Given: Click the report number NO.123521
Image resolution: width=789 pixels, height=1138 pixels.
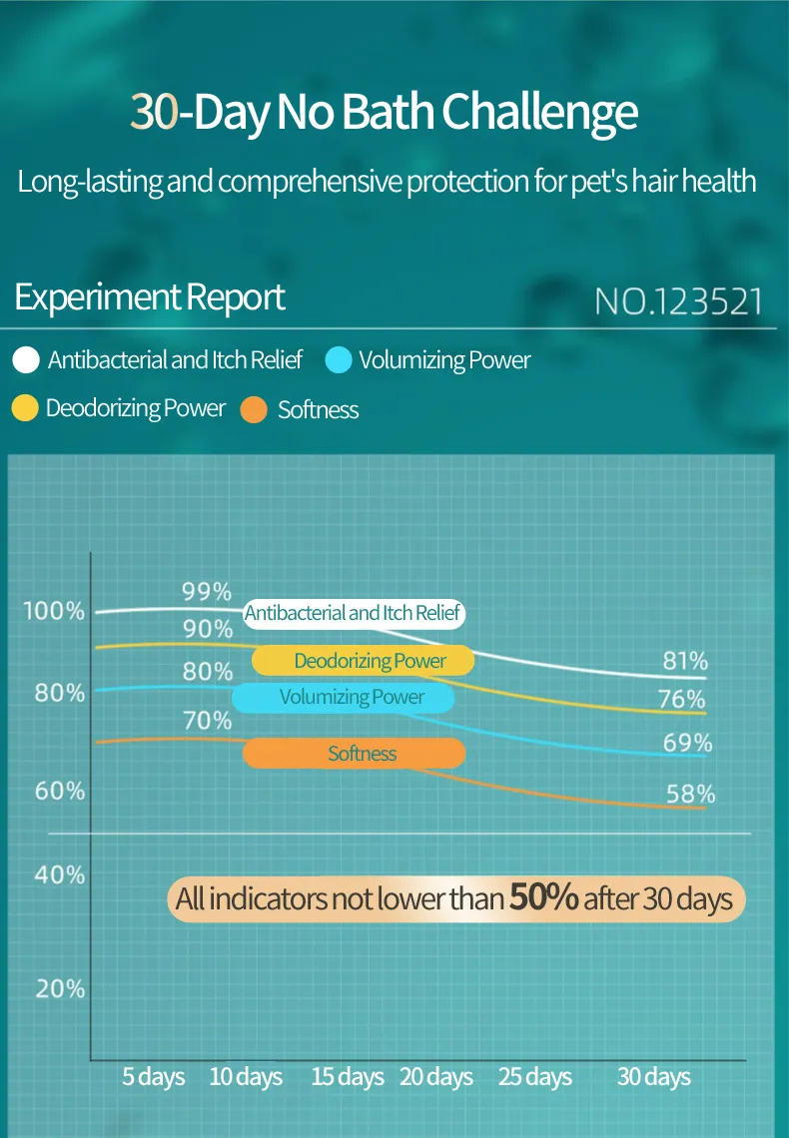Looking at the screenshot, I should coord(678,301).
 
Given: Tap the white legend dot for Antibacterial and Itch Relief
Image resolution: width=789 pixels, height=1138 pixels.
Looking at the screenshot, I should coord(27,359).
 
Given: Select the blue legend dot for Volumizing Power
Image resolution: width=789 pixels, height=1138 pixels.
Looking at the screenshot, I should coord(340,359).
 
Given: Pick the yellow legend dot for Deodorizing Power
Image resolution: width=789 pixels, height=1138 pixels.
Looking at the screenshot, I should coord(26,407).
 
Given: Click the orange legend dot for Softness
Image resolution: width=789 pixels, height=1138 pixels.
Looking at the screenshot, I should coord(255,408).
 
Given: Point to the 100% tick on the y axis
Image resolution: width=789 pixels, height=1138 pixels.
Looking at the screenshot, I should coord(54,611).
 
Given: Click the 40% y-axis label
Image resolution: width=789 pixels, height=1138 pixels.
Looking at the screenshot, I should coord(60,874).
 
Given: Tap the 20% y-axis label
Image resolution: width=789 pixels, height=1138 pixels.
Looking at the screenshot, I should coord(60,989).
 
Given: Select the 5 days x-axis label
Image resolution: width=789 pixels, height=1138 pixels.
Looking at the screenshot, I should coord(154,1077).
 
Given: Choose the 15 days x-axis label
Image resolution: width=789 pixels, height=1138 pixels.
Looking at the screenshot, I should coord(348,1077).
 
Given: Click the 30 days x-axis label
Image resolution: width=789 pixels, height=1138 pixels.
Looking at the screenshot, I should coord(654,1077).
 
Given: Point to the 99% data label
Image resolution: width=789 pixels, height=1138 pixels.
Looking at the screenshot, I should coord(207,591).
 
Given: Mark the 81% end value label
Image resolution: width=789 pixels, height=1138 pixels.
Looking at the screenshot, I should coord(685,660).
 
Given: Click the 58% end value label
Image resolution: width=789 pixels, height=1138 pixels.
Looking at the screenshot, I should coord(691,794).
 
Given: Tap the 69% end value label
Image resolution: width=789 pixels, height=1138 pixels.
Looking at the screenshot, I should coord(688,743).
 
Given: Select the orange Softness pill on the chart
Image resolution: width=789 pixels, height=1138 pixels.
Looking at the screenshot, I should coord(355,754).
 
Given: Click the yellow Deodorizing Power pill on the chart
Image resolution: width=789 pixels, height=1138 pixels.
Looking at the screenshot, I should coord(363,661).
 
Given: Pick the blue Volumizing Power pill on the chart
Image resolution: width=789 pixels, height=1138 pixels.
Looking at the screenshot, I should coord(345,697).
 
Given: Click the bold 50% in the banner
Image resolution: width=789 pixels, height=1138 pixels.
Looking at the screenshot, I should coord(544,896).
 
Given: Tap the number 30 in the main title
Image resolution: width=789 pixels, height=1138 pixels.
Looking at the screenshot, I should coord(153,113).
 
